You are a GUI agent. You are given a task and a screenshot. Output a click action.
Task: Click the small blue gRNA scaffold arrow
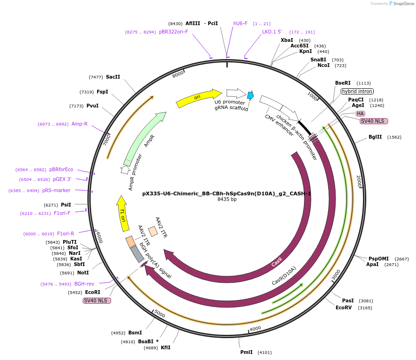click(251, 95)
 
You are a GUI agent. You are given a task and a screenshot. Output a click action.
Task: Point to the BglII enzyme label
click(375, 137)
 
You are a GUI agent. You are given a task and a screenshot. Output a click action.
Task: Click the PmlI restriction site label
click(246, 352)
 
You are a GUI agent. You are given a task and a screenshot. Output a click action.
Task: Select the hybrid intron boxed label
click(357, 92)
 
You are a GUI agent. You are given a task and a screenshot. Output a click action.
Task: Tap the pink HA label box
click(360, 113)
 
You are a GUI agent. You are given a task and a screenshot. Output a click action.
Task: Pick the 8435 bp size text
click(227, 200)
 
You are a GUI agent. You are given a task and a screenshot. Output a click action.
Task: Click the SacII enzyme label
click(113, 77)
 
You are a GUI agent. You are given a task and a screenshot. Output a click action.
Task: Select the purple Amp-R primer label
click(79, 124)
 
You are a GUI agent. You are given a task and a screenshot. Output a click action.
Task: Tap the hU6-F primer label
click(240, 23)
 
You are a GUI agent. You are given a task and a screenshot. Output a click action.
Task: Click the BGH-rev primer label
click(84, 284)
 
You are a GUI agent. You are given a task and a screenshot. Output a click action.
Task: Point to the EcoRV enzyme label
click(344, 307)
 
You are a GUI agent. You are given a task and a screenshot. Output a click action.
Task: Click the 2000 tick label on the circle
click(359, 181)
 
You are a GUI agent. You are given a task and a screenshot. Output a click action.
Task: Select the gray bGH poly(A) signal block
click(137, 254)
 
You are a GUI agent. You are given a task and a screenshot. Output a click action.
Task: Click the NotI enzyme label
click(83, 273)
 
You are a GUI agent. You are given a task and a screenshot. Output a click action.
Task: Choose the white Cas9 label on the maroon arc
click(277, 262)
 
